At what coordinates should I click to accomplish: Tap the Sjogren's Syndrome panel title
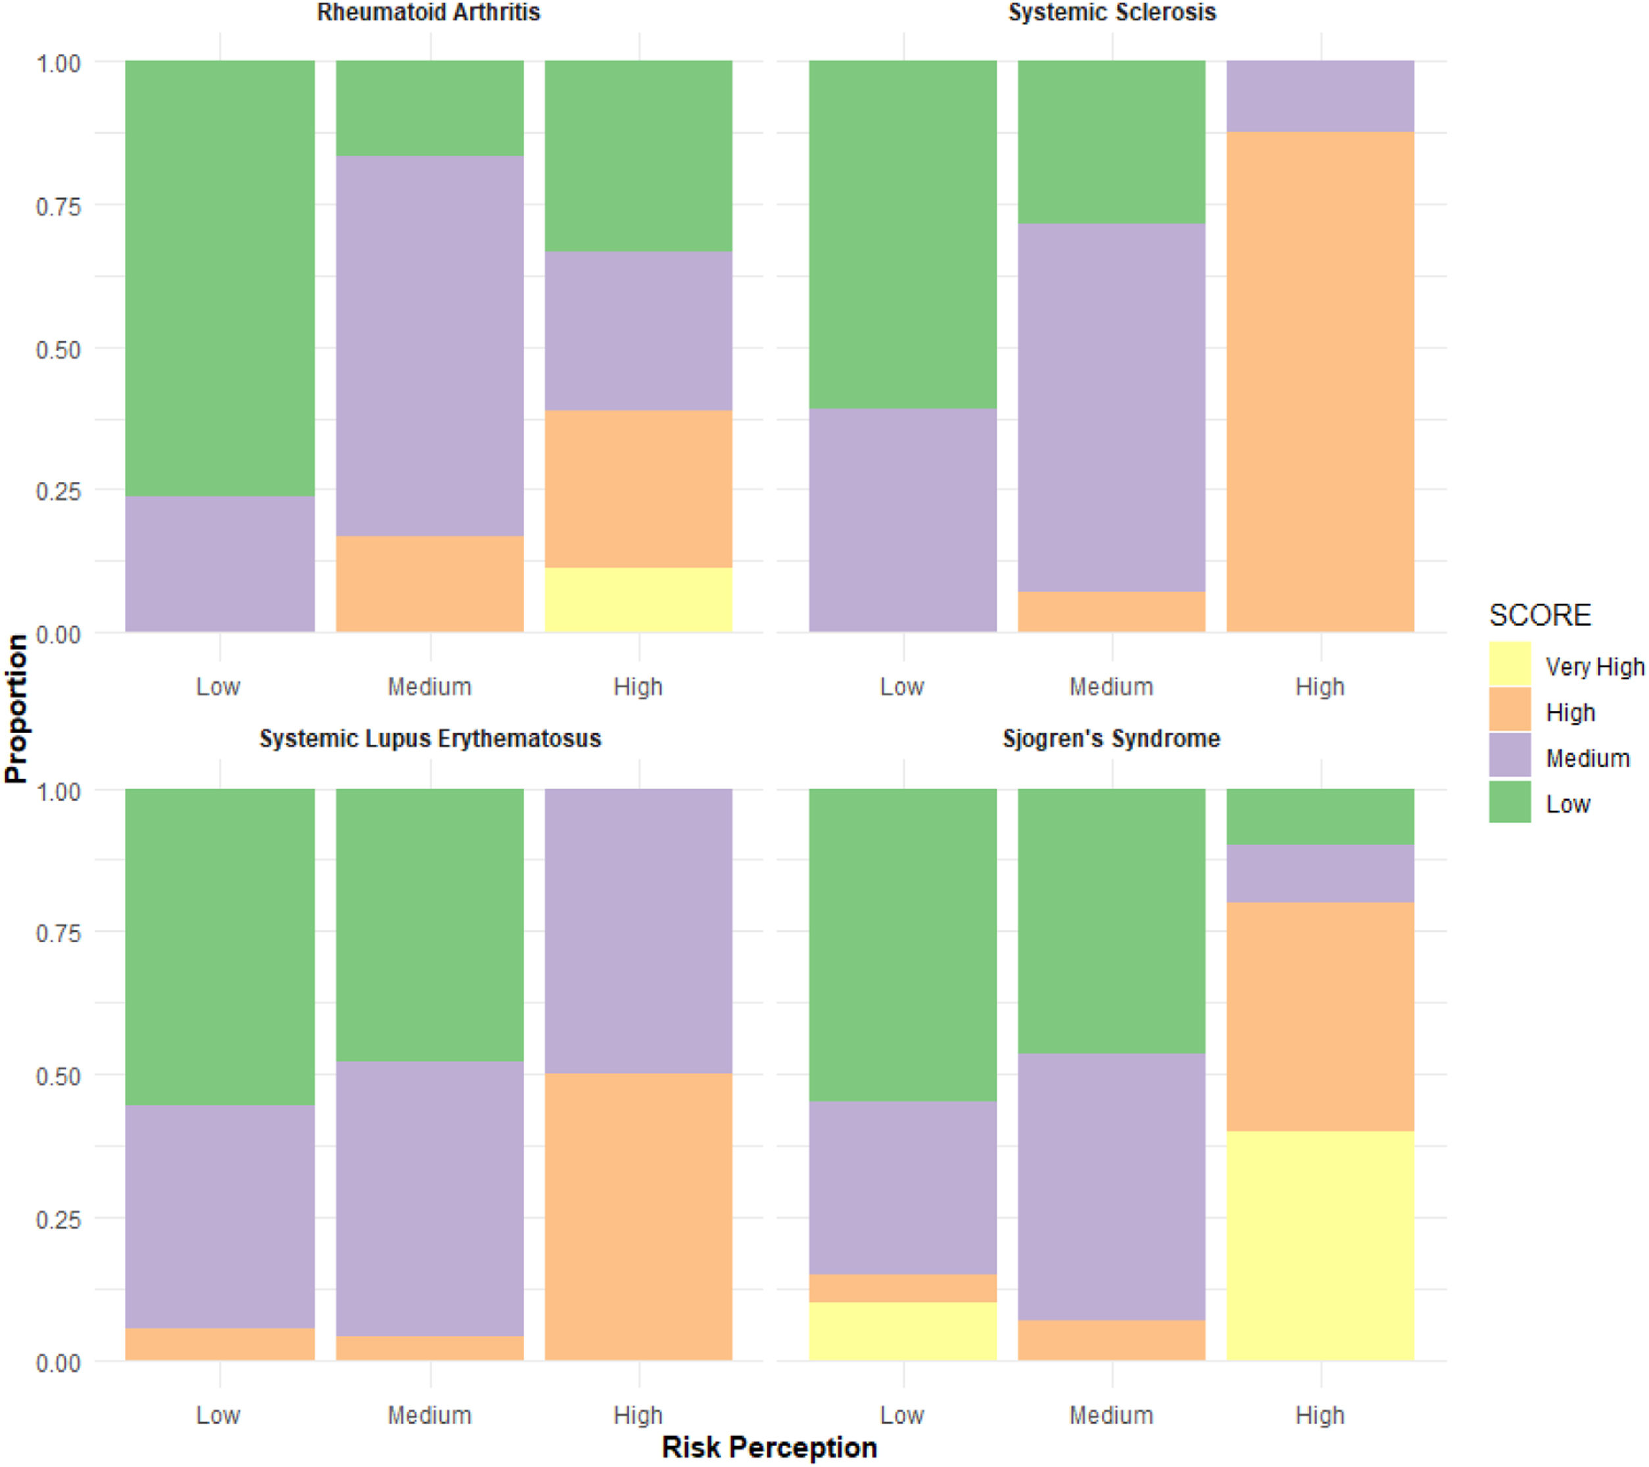(1111, 738)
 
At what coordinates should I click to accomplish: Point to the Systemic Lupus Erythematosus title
(430, 738)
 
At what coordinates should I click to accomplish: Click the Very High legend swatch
(1510, 663)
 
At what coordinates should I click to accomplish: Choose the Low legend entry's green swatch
(1510, 802)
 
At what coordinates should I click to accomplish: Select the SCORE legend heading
(1539, 615)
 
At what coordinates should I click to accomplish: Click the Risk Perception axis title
(769, 1447)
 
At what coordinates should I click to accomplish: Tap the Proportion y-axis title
(16, 708)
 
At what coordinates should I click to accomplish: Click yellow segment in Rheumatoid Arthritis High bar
(638, 600)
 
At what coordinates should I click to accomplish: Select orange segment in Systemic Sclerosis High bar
(1320, 381)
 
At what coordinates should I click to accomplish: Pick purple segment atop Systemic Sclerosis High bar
(1320, 96)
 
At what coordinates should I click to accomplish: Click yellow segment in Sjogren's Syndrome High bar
(1320, 1245)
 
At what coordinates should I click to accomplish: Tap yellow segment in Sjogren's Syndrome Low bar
(902, 1331)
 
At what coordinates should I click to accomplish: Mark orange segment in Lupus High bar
(638, 1216)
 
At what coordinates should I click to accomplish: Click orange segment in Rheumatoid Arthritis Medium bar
(429, 583)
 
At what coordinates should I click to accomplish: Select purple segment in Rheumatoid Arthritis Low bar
(220, 564)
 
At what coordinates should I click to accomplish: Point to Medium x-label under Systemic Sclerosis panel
(1111, 686)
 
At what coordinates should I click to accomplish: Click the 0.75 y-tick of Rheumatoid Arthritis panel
(58, 206)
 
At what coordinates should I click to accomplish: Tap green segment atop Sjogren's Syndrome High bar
(1320, 817)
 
